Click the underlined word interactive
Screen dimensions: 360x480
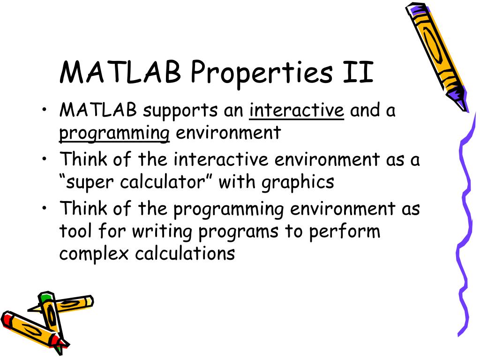[x=297, y=111]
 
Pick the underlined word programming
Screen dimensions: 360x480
[x=114, y=134]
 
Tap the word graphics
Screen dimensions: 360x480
[x=298, y=183]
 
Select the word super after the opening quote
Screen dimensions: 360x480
[x=89, y=183]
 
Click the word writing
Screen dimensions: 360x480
[x=164, y=232]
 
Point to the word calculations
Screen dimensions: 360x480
[x=185, y=254]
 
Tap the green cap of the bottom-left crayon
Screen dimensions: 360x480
[x=45, y=298]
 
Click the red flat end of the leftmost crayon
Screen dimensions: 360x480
[x=7, y=321]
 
